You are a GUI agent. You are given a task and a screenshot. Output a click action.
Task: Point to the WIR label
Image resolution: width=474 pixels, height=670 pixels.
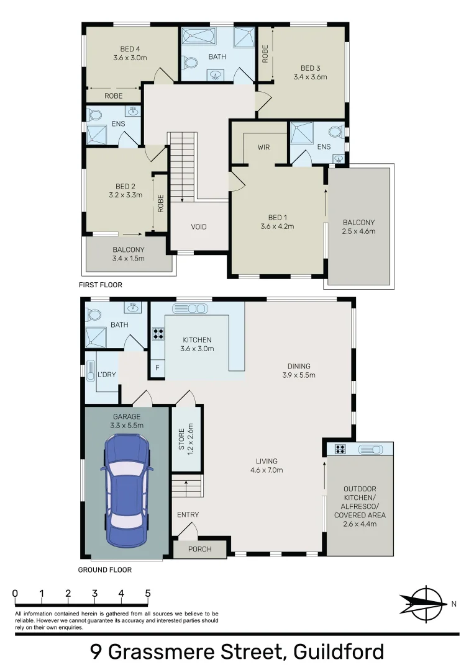[x=263, y=148]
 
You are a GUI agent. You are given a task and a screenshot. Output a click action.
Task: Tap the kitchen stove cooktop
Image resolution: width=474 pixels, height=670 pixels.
[x=158, y=334]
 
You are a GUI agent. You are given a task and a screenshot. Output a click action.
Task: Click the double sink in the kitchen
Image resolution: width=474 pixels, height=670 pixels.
[x=194, y=308]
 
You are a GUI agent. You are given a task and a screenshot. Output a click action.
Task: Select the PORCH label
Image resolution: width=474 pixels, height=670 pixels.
[x=199, y=549]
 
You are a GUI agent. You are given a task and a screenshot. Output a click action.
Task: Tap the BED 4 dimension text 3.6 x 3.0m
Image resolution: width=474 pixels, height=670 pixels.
[x=130, y=58]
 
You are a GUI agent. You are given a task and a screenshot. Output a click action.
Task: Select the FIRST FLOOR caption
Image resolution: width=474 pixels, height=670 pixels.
[x=101, y=285]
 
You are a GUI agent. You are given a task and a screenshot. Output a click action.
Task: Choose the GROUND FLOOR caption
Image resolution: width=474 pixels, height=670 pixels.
[x=104, y=569]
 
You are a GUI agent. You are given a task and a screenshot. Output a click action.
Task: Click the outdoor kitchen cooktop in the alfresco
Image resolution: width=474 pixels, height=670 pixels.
[x=340, y=449]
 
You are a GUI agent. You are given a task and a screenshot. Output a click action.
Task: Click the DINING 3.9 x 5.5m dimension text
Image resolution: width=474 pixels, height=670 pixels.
[x=299, y=375]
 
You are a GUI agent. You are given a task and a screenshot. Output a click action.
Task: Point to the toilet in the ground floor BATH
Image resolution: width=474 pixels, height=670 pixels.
[x=94, y=314]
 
